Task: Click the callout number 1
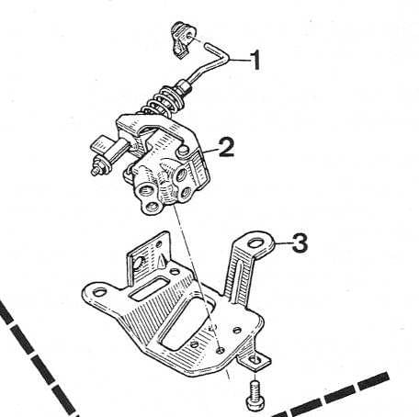click(255, 60)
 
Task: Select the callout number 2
click(226, 147)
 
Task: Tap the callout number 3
click(300, 242)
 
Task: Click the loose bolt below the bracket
click(255, 395)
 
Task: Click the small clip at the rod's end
click(183, 39)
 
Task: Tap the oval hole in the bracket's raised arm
click(256, 243)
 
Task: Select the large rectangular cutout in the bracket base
click(186, 323)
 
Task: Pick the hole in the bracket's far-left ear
click(99, 292)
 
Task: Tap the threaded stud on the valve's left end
click(99, 167)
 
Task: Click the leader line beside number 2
click(210, 151)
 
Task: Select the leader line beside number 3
click(283, 243)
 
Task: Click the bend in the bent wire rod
click(226, 58)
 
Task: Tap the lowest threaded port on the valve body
click(152, 208)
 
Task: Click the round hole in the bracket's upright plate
click(140, 263)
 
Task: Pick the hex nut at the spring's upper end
click(183, 86)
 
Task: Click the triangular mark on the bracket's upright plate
click(160, 262)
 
